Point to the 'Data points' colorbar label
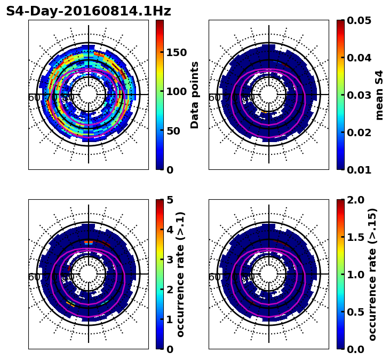click(x=195, y=95)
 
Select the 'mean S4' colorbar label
click(x=379, y=95)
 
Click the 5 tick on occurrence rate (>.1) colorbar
click(x=170, y=200)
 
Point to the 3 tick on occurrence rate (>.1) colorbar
click(x=170, y=260)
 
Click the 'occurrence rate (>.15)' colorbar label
click(x=372, y=274)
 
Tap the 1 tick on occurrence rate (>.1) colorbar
click(x=170, y=319)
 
